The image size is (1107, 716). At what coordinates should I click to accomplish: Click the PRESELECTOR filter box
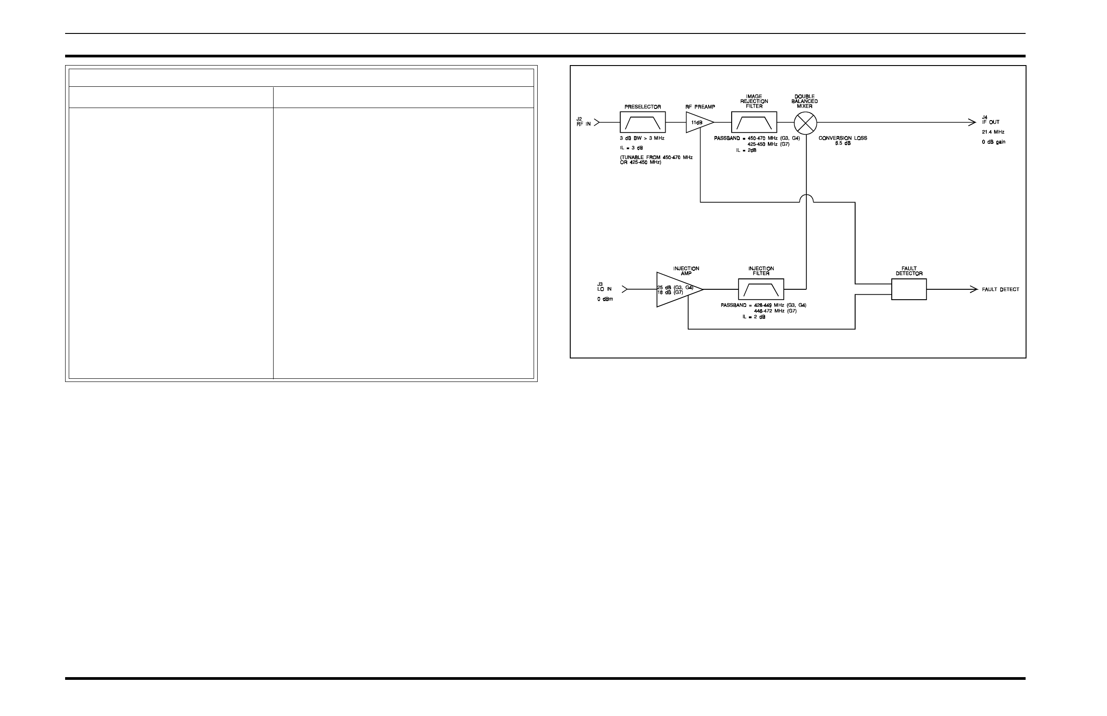pos(642,122)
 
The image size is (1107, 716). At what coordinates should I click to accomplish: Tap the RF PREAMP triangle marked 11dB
pos(698,122)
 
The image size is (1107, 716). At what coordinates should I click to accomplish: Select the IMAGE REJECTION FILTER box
pos(754,122)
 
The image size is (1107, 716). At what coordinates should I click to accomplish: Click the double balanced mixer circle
pos(805,122)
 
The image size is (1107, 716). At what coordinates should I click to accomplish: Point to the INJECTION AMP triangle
pos(677,290)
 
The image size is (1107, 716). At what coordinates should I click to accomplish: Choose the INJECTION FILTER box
pos(761,290)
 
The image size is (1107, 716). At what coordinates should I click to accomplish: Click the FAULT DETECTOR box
pos(909,290)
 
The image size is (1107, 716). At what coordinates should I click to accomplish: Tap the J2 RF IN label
pos(583,121)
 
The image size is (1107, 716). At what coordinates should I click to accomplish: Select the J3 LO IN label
pos(604,287)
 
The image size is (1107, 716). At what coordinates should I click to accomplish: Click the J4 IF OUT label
pos(990,120)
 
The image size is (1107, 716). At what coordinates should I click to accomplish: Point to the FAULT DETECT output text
pos(1000,290)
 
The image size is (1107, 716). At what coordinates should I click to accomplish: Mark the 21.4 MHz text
pos(993,132)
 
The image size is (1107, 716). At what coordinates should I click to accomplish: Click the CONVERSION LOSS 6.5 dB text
pos(843,141)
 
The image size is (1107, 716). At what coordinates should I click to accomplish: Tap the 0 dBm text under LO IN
pos(605,299)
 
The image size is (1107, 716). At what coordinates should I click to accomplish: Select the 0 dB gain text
pos(993,142)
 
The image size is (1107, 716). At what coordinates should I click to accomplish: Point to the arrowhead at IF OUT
pos(972,122)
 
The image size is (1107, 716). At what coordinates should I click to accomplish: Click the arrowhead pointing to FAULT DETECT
pos(974,290)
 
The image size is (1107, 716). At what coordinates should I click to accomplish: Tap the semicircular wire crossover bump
pos(806,198)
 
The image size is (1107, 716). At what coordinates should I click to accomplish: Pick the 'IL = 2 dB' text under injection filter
pos(754,316)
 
